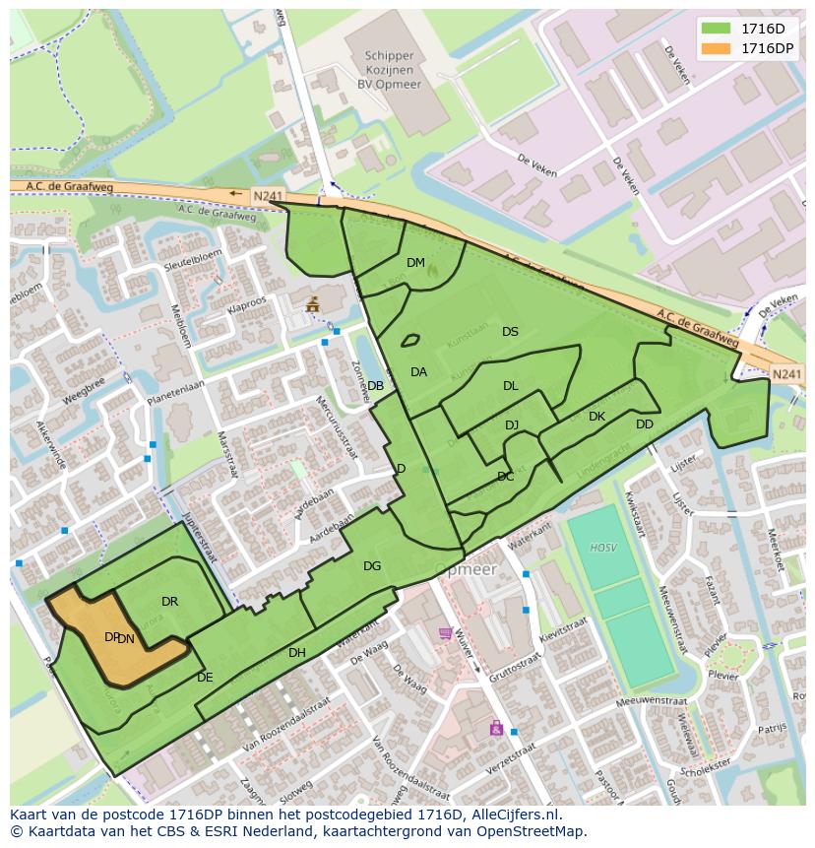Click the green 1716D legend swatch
[716, 29]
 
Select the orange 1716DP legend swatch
[716, 48]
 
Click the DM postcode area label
[415, 263]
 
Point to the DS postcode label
[510, 332]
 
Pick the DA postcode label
[418, 372]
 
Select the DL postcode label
[510, 386]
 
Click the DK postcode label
[596, 417]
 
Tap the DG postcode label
[372, 566]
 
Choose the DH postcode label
[297, 652]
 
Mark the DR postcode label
[169, 602]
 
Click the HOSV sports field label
[602, 548]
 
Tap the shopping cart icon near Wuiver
[445, 633]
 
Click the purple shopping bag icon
[496, 728]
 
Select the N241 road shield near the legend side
[785, 374]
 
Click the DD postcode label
[644, 424]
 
